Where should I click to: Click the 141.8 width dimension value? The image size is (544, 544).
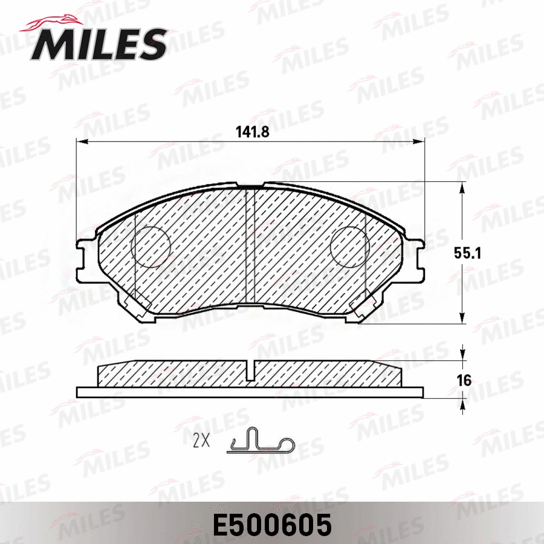[252, 131]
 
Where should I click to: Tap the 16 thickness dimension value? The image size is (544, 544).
[464, 381]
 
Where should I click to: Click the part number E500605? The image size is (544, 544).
[271, 525]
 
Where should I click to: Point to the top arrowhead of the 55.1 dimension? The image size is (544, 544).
[462, 188]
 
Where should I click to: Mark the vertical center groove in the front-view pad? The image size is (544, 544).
[250, 248]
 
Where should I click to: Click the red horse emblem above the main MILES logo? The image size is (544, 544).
[54, 22]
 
